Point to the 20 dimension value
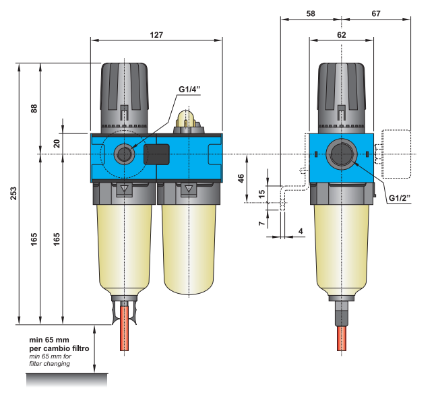click(57, 142)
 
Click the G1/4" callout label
click(190, 90)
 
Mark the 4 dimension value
click(301, 231)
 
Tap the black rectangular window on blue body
click(156, 155)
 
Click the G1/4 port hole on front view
click(124, 154)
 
